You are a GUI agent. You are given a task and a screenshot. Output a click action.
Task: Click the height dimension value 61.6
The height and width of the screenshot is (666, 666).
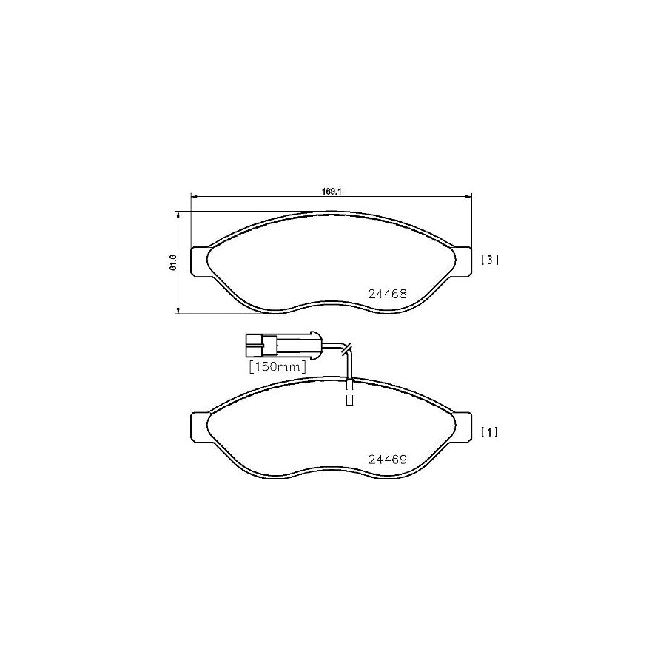click(x=172, y=262)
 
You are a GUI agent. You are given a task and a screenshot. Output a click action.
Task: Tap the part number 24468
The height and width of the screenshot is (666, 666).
click(x=388, y=294)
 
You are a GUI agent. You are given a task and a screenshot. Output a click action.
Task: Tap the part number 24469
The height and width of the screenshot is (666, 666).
click(x=388, y=459)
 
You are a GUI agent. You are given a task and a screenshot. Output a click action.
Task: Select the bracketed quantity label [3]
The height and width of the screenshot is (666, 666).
click(x=490, y=260)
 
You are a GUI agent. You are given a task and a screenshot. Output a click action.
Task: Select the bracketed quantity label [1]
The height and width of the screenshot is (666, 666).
click(x=490, y=432)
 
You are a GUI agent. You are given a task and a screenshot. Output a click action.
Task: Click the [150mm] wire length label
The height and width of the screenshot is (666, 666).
click(x=277, y=366)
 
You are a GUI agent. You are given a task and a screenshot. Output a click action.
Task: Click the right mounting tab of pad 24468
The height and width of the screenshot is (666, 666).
click(x=462, y=260)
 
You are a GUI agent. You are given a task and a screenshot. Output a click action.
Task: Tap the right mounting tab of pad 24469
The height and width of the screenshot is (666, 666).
click(x=462, y=425)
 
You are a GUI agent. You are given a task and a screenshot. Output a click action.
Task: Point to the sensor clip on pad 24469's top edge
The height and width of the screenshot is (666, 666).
click(x=350, y=392)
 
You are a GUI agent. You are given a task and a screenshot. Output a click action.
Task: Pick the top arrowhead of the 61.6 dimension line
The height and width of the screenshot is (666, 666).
click(x=178, y=213)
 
